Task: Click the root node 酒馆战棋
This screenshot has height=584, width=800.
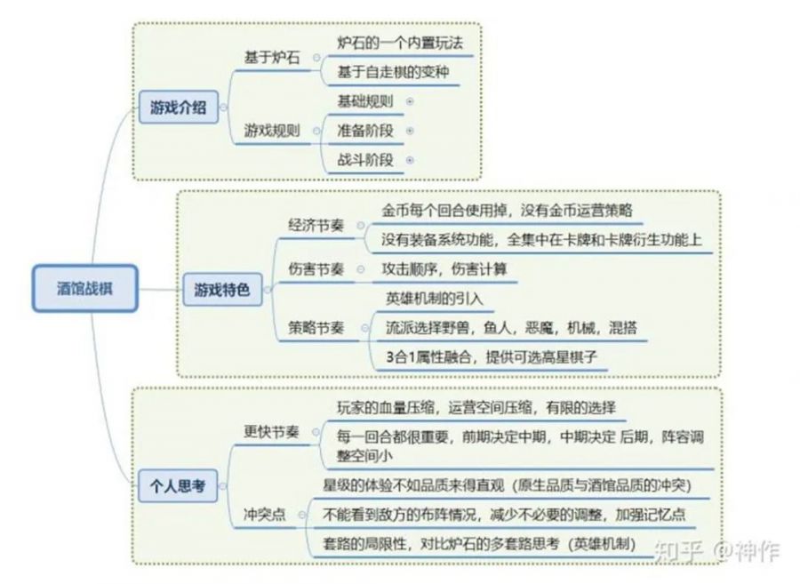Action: pos(85,287)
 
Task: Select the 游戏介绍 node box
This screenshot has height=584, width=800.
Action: pos(179,108)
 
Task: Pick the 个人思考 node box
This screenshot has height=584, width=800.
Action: pos(177,485)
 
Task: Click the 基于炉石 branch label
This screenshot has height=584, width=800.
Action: pos(271,57)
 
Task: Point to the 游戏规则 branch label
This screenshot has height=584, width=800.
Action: pos(272,131)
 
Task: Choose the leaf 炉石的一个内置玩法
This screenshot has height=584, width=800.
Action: pos(399,42)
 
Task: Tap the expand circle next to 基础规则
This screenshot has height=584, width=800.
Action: pos(410,101)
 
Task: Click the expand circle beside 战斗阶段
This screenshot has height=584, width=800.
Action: pos(410,161)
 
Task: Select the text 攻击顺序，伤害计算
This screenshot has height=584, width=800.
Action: pos(444,268)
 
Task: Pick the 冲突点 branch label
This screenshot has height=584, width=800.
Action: pos(265,515)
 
